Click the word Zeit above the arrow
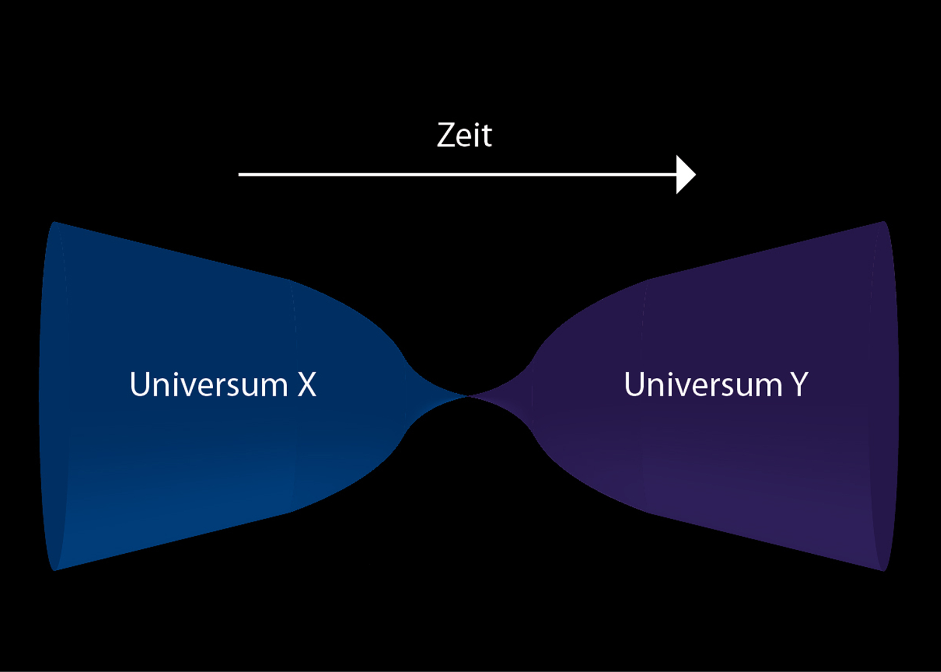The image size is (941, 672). pyautogui.click(x=464, y=135)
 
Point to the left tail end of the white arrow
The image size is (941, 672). pyautogui.click(x=240, y=175)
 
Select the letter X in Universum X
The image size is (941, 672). pyautogui.click(x=307, y=384)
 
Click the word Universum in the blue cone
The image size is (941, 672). pyautogui.click(x=208, y=384)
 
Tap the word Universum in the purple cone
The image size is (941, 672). pyautogui.click(x=703, y=384)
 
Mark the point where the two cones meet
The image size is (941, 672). pyautogui.click(x=468, y=396)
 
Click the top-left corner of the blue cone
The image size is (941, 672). pyautogui.click(x=55, y=223)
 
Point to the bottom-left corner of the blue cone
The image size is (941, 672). pyautogui.click(x=55, y=569)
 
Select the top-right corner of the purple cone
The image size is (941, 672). pyautogui.click(x=884, y=222)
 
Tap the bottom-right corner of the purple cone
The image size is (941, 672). pyautogui.click(x=884, y=570)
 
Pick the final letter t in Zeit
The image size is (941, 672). pyautogui.click(x=487, y=137)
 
